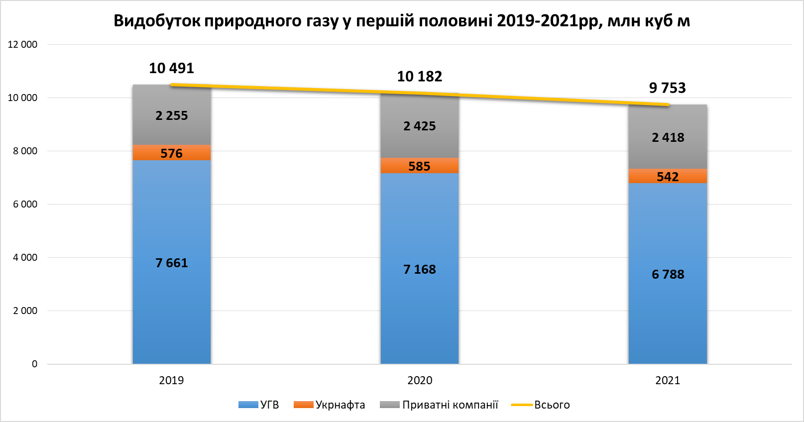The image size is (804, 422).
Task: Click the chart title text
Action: [402, 21]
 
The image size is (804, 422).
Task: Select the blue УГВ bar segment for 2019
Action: [172, 299]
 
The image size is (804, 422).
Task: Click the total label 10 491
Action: [171, 68]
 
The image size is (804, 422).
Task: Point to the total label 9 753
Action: [667, 88]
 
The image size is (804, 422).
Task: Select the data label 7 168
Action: [419, 269]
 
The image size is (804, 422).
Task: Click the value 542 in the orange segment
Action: [667, 177]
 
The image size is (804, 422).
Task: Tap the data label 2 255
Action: [171, 115]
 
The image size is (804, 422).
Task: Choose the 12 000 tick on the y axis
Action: [22, 44]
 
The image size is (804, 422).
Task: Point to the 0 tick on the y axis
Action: [34, 364]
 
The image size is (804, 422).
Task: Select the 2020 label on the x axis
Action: [420, 380]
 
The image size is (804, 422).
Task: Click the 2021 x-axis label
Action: [668, 380]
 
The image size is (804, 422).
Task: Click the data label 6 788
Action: [668, 274]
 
